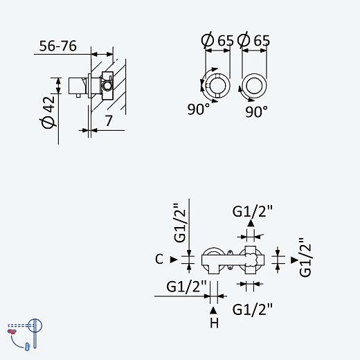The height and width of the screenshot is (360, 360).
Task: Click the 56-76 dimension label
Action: point(57,46)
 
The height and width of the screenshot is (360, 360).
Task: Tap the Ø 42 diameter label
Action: point(48,112)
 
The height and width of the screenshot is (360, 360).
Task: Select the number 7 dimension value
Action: point(109,120)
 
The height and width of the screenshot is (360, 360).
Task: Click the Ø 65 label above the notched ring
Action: point(217,40)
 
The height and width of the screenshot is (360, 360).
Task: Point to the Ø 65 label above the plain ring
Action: point(253,40)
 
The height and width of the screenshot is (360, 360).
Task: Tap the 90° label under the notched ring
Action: point(199,109)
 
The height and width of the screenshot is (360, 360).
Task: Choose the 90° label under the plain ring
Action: point(256,111)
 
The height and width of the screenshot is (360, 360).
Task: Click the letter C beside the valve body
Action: point(159,259)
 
